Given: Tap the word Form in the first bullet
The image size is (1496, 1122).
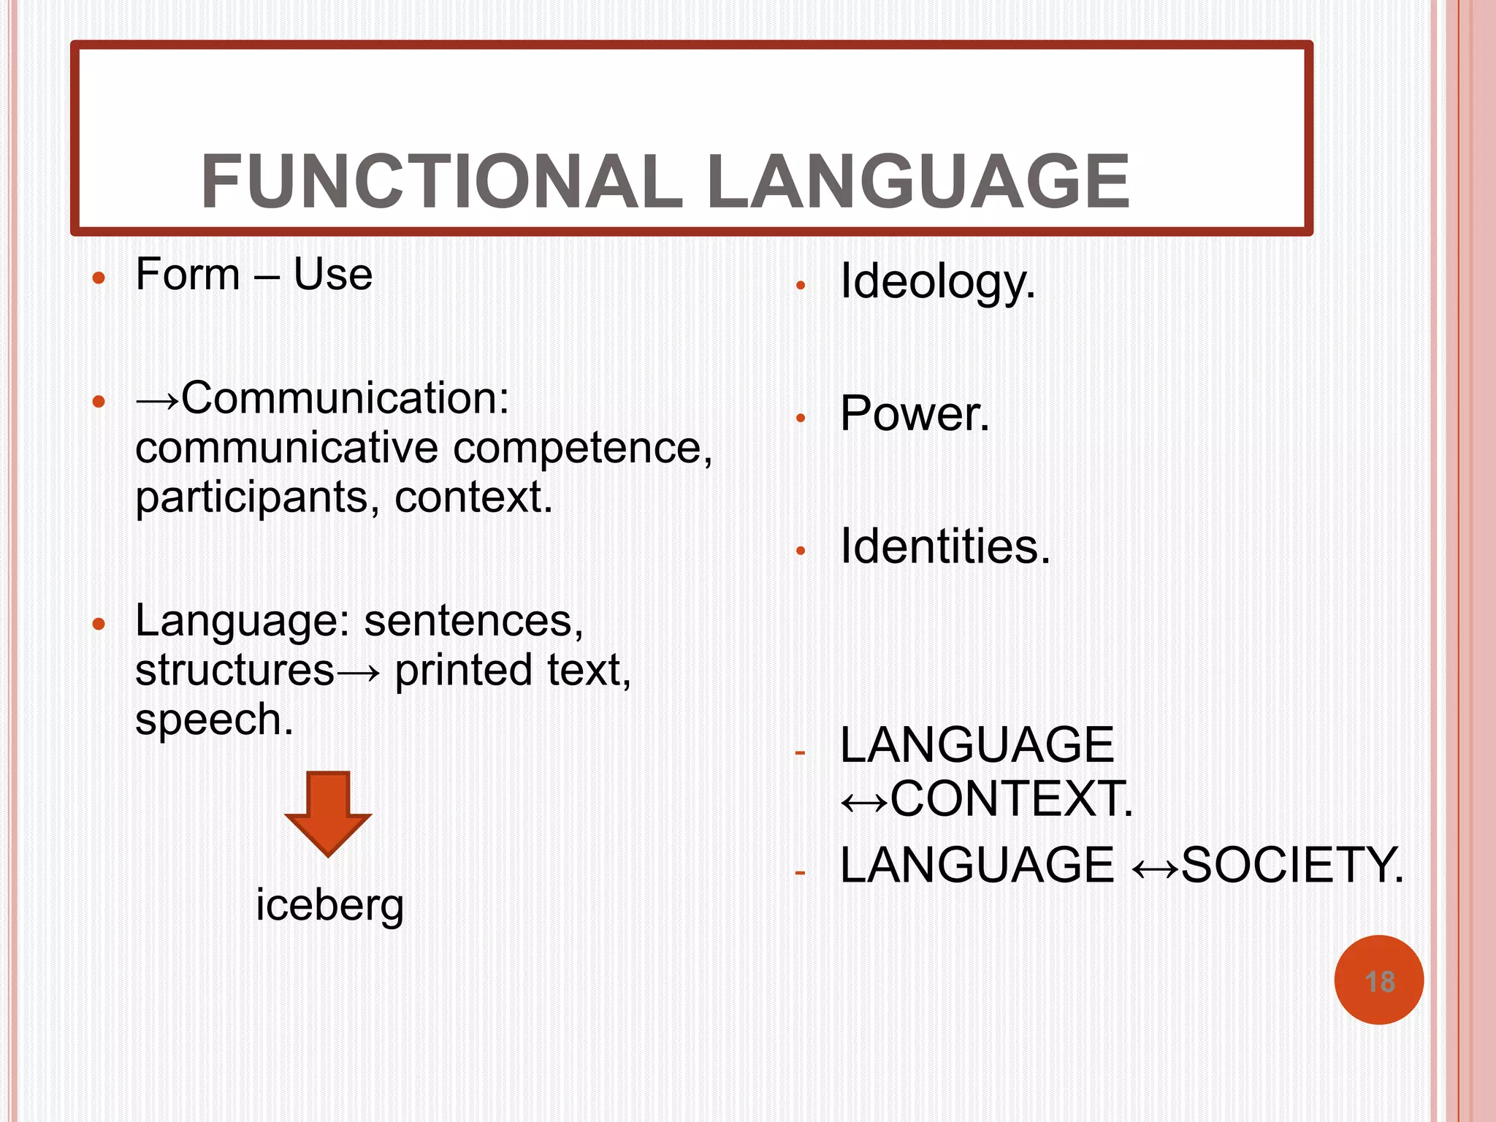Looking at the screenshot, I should click(188, 275).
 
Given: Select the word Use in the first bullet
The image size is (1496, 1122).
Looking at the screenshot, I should click(332, 275).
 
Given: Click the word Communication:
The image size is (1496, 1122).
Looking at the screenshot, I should click(345, 399).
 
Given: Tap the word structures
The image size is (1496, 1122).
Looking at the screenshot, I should click(234, 670).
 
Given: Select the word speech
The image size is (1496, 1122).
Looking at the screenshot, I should click(214, 720).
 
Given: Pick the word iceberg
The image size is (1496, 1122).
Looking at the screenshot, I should click(329, 905).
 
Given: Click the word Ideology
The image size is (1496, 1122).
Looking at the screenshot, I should click(937, 282).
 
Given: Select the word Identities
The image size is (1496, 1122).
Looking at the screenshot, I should click(944, 546).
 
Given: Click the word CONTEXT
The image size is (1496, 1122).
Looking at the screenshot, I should click(1011, 798).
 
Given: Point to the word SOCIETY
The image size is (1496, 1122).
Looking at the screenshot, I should click(1291, 866).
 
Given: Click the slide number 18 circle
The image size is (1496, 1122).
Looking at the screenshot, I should click(1378, 980).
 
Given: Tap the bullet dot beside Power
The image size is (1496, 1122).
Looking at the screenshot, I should click(801, 419).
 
